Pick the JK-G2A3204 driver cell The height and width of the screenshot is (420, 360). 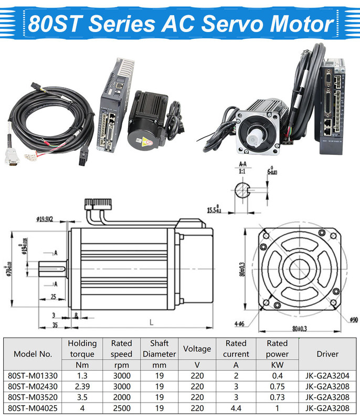pos(327,375)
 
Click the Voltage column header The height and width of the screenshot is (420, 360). pos(197,349)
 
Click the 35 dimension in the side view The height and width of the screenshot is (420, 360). pos(55,325)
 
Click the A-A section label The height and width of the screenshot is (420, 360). pos(242,164)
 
